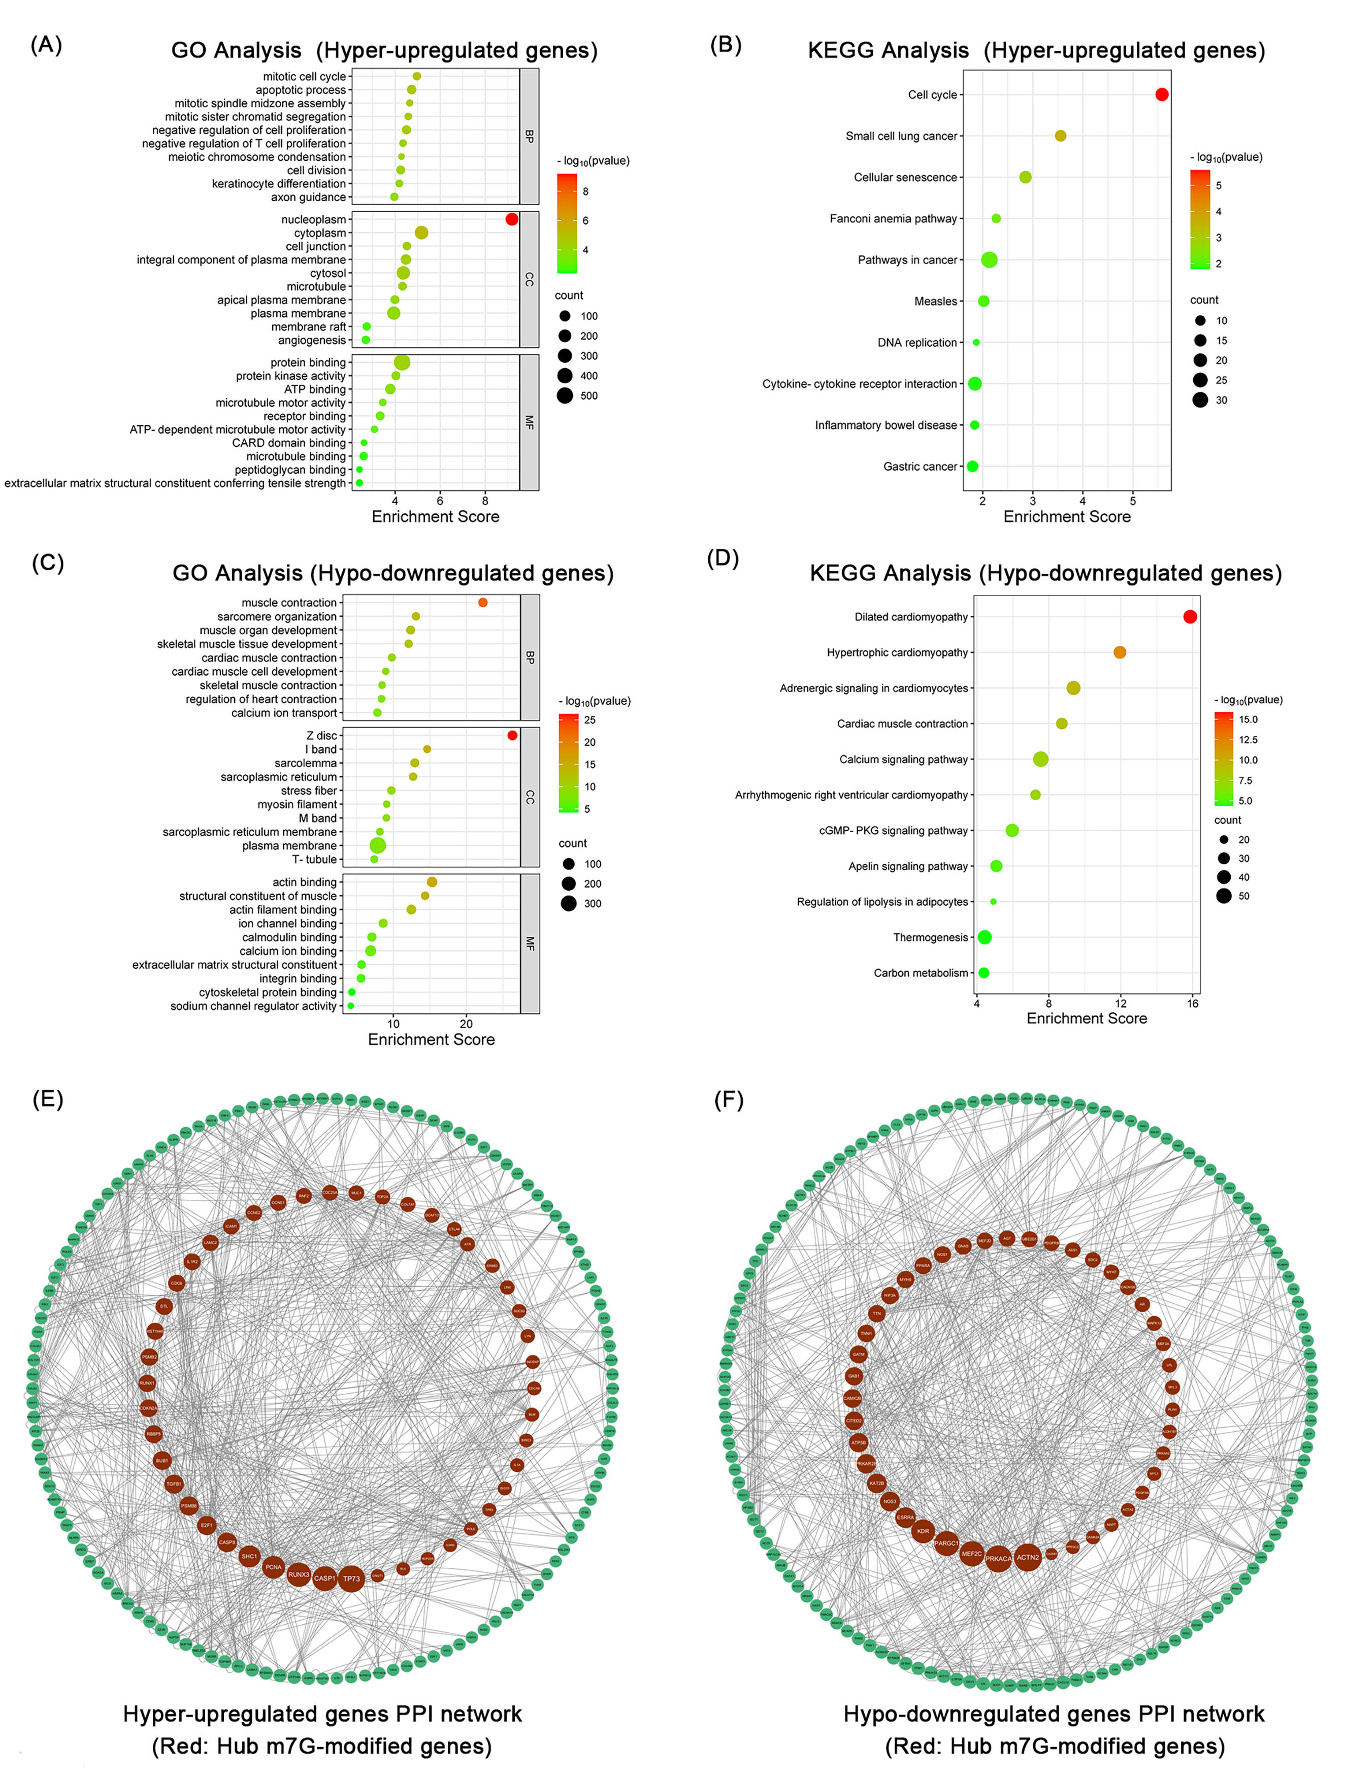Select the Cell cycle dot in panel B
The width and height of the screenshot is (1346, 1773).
1162,94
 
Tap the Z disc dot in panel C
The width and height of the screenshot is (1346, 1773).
512,735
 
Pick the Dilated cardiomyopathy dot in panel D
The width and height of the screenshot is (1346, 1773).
1190,616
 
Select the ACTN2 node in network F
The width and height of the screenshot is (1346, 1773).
1027,1557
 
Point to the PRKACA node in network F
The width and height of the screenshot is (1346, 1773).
997,1559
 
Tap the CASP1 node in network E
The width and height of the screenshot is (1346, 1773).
324,1578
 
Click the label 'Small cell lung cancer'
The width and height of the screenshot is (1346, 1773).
901,136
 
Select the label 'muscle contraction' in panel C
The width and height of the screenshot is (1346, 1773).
288,603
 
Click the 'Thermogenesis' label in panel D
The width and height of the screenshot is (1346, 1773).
930,937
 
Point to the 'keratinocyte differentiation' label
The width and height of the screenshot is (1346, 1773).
278,184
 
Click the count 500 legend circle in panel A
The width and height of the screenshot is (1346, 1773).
565,395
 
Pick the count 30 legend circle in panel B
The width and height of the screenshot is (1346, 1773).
1200,400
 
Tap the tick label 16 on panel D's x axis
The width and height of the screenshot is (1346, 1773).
1193,1003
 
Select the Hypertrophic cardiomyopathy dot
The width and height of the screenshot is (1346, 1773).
1120,652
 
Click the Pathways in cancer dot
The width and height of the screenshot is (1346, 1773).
989,259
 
